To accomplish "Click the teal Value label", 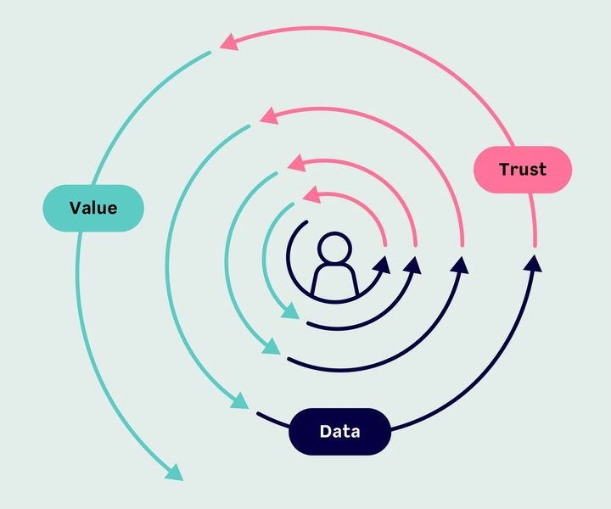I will tap(93, 208).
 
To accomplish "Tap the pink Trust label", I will tap(522, 169).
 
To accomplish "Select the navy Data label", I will tap(339, 432).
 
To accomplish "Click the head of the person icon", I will tap(334, 249).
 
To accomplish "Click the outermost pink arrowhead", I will tap(227, 40).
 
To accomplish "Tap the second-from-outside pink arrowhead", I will tap(268, 116).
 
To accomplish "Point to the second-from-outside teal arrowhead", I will tap(239, 400).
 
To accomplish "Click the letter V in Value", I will tap(75, 208).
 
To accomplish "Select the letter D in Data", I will tap(325, 432).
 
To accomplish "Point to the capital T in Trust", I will tap(505, 169).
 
